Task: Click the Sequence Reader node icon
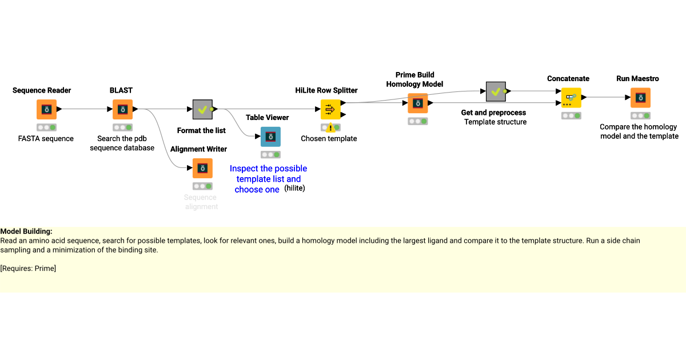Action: pos(46,109)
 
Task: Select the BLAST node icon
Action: pos(122,109)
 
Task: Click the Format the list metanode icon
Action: pos(202,109)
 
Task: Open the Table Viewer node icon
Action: pos(270,137)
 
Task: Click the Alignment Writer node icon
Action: pos(202,168)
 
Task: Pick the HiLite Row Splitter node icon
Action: pos(330,109)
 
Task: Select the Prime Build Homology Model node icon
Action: pos(417,103)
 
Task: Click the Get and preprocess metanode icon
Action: pos(495,91)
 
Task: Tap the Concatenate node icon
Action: pos(571,98)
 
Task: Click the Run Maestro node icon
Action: pos(640,98)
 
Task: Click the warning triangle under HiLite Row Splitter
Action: pos(330,128)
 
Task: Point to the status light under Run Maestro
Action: pos(640,115)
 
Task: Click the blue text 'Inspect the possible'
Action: pos(268,169)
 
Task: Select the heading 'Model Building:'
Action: pos(26,231)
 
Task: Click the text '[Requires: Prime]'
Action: pos(28,269)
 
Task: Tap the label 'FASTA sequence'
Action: pos(46,138)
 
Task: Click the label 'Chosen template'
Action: pos(329,138)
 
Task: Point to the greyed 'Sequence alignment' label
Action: pos(201,202)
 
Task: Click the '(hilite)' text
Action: pos(294,188)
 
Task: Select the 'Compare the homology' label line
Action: pos(638,127)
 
